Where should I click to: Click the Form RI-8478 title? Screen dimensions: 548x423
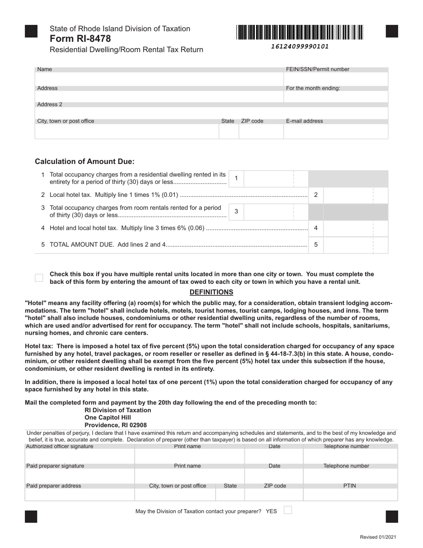coord(81,39)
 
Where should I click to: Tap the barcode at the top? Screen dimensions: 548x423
coord(300,33)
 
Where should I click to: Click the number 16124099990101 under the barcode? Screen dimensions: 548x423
coord(300,46)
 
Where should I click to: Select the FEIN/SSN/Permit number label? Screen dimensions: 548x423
coord(317,70)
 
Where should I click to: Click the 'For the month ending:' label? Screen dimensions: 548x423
coord(313,88)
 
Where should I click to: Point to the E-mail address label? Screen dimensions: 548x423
coord(305,121)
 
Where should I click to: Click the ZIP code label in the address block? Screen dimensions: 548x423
coord(252,121)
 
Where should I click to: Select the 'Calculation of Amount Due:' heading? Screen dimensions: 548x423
coord(85,162)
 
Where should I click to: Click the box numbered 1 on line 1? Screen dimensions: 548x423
coord(236,178)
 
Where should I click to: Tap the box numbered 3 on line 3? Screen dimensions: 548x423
coord(236,212)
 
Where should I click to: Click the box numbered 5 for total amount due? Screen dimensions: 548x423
coord(316,245)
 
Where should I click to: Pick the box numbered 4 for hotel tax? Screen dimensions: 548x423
coord(316,228)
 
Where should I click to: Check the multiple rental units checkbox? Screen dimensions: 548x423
coord(39,278)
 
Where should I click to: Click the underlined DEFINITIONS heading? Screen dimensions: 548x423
coord(211,292)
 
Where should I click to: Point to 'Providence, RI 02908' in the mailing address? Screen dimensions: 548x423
coord(115,425)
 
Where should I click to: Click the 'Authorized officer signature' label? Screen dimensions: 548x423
coord(60,446)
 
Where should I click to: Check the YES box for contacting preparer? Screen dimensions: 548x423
coord(288,510)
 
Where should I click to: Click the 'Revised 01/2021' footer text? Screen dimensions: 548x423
coord(378,538)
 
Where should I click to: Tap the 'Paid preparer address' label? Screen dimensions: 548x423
coord(54,486)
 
